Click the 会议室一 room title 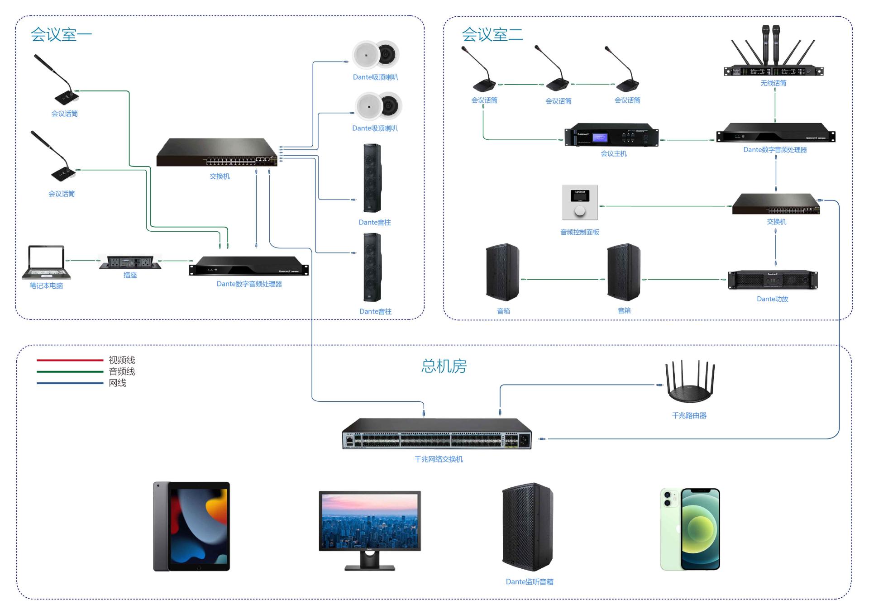tap(61, 35)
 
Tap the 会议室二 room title tap(492, 35)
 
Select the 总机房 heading tap(444, 366)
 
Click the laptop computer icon tap(46, 262)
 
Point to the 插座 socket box tap(130, 262)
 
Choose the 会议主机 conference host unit tap(611, 135)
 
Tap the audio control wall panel tap(580, 202)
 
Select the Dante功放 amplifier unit tap(773, 280)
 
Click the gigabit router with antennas tap(689, 383)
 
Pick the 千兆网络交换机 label tap(439, 459)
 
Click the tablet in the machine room tap(191, 526)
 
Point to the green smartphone tap(690, 529)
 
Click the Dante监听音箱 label tap(530, 582)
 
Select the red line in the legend tap(70, 360)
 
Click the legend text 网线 tap(118, 383)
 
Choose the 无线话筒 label tap(773, 83)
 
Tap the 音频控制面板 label tap(580, 232)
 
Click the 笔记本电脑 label tap(46, 286)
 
